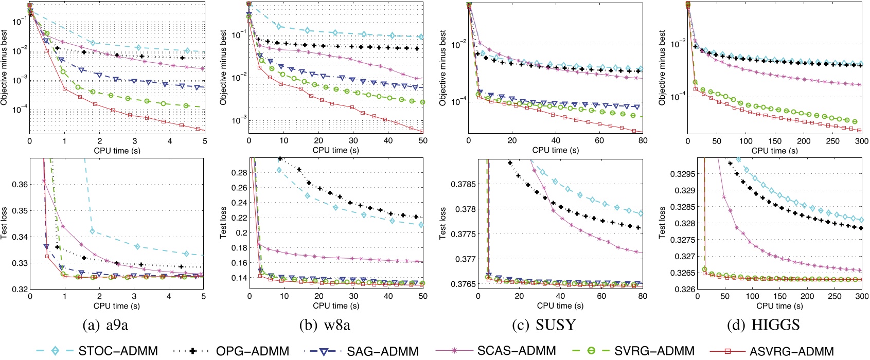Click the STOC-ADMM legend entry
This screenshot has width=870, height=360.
118,351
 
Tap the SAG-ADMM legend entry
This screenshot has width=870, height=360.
382,351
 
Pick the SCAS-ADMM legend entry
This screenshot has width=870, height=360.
517,351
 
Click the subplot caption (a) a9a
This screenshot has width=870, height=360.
105,325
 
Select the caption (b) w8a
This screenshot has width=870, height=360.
325,325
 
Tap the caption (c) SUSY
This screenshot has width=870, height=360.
544,325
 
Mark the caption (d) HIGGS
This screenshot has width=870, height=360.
764,325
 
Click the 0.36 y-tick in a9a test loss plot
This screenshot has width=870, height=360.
20,184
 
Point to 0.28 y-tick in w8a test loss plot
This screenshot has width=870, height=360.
239,173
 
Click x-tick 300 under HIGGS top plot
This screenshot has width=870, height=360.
861,141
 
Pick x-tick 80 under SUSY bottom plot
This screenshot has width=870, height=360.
643,297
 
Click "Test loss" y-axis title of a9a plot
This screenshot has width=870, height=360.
5,223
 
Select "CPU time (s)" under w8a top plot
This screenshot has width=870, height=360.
336,151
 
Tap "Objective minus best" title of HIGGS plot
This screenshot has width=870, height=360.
662,68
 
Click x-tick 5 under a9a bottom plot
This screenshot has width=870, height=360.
204,297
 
